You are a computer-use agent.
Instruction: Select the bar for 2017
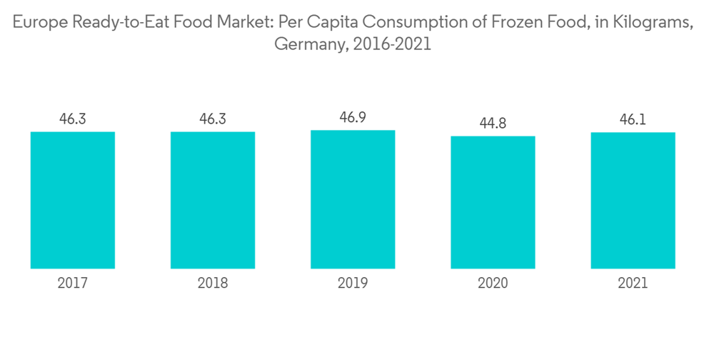coord(73,200)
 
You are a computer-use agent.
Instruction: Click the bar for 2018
coord(213,200)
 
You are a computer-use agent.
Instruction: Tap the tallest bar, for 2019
coord(353,199)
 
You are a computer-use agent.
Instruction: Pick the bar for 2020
coord(493,202)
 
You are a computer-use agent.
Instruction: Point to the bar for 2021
coord(633,200)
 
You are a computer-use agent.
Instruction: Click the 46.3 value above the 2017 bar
coord(73,119)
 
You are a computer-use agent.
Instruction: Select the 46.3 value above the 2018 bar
coord(213,119)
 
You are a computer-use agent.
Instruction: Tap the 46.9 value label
coord(353,117)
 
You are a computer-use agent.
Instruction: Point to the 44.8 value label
coord(493,123)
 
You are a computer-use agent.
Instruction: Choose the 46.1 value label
coord(633,119)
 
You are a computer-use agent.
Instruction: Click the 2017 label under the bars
coord(73,284)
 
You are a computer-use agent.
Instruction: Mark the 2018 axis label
coord(213,284)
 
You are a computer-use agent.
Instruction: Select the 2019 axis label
coord(353,284)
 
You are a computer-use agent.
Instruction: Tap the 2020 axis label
coord(493,284)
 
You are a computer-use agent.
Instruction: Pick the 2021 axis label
coord(633,284)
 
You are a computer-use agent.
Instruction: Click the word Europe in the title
coord(36,23)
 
